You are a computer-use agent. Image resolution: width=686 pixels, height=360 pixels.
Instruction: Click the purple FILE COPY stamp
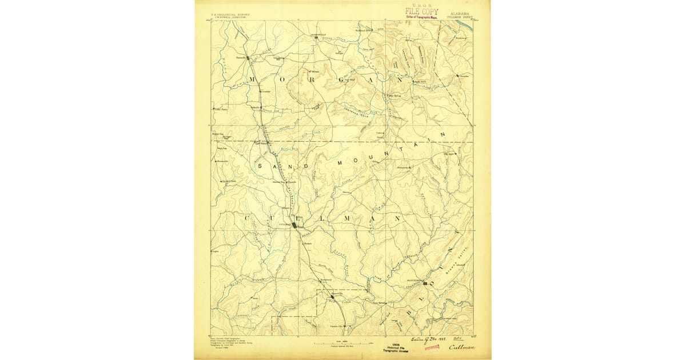[422, 11]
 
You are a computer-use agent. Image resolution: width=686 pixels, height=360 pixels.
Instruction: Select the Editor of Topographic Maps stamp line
[422, 17]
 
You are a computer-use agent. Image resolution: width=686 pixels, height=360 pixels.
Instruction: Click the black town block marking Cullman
[294, 225]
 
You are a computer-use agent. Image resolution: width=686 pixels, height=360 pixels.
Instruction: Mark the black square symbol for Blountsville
[425, 282]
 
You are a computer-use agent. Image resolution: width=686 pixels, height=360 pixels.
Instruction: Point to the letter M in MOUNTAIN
[339, 163]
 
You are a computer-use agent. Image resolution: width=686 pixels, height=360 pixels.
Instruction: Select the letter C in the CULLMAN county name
[248, 218]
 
